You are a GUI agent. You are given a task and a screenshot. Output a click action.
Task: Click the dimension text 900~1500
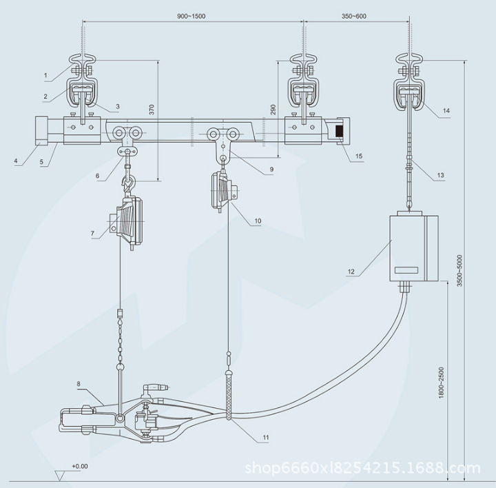coord(191,16)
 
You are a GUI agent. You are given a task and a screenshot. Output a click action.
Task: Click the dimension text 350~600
coord(353,16)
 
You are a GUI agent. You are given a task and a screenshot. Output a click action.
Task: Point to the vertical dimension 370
coord(152,109)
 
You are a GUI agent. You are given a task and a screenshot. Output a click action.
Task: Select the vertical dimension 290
coord(273,109)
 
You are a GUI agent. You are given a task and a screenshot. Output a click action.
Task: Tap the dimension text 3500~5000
coord(459,271)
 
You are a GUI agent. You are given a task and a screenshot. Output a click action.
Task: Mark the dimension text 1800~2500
coord(442,383)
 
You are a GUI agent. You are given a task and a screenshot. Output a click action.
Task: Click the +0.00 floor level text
coord(80,466)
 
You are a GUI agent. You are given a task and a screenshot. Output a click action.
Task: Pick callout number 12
coord(351,272)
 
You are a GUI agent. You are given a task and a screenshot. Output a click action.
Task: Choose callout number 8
coord(79,384)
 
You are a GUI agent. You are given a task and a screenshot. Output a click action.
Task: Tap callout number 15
coord(359,156)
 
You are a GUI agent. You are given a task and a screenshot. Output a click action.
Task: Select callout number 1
coord(45,75)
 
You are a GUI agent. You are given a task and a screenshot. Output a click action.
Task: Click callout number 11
coord(266,438)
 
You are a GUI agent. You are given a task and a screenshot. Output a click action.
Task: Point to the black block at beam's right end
coord(340,132)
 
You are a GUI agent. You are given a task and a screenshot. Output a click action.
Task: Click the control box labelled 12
coord(413,248)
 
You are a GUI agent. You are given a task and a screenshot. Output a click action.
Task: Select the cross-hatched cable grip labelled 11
coord(229,396)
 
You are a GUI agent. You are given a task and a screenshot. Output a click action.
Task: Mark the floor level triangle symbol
coord(59,476)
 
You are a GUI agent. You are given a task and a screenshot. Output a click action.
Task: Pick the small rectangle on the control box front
coord(406,270)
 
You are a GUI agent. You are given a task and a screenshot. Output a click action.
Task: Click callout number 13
coord(440,175)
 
